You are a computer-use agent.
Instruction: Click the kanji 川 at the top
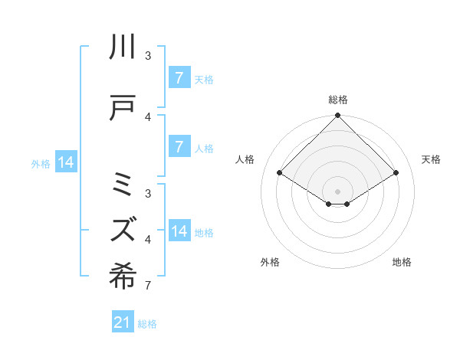pyautogui.click(x=123, y=47)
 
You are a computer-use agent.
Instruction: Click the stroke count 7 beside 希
pyautogui.click(x=147, y=286)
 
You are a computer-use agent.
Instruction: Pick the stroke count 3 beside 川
pyautogui.click(x=147, y=56)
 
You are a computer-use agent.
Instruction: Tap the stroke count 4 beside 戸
pyautogui.click(x=147, y=116)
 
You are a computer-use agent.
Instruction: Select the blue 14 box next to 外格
pyautogui.click(x=66, y=162)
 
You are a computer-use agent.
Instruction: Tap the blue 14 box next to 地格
pyautogui.click(x=179, y=232)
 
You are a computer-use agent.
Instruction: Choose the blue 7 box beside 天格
pyautogui.click(x=179, y=78)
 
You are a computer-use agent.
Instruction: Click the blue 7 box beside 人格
pyautogui.click(x=179, y=147)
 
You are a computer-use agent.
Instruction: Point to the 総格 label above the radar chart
pyautogui.click(x=337, y=100)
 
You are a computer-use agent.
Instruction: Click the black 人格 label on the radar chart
pyautogui.click(x=246, y=159)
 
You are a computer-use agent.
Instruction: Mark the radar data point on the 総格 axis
pyautogui.click(x=337, y=116)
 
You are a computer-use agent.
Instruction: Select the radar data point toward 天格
pyautogui.click(x=396, y=173)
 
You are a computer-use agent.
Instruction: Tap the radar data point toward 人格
pyautogui.click(x=280, y=173)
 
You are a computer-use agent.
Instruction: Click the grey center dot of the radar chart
pyautogui.click(x=337, y=191)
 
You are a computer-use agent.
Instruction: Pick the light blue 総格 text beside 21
pyautogui.click(x=147, y=324)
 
